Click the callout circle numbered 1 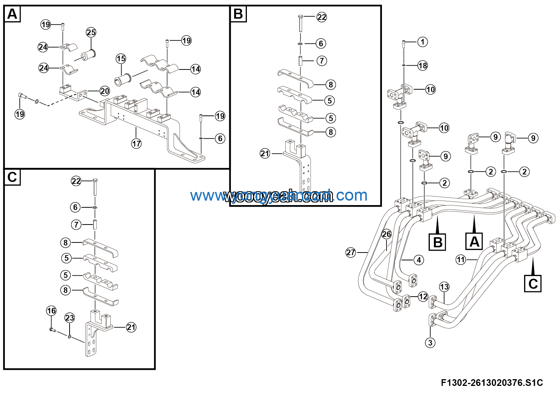(422, 42)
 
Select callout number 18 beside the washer (422, 66)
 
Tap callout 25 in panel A (91, 33)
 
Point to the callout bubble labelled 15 (121, 59)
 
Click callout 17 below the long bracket (136, 143)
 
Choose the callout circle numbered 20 (105, 91)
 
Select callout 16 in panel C (51, 311)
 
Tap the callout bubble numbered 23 (70, 318)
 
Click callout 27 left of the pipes (351, 253)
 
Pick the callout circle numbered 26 (386, 234)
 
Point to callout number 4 (419, 260)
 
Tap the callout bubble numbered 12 (423, 297)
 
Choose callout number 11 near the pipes (460, 260)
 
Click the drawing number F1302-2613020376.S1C (492, 383)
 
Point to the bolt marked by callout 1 (404, 45)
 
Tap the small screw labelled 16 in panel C (52, 330)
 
